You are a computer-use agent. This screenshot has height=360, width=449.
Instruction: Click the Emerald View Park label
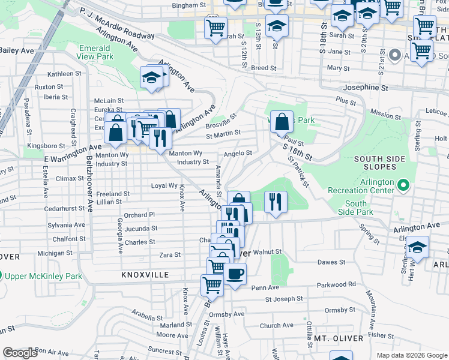pyautogui.click(x=94, y=52)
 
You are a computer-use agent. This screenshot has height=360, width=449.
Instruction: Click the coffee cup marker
pyautogui.click(x=235, y=274)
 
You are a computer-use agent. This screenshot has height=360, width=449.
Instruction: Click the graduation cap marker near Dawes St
pyautogui.click(x=417, y=247)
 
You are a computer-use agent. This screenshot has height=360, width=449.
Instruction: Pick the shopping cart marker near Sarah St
pyautogui.click(x=215, y=26)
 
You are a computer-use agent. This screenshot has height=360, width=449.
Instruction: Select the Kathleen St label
pyautogui.click(x=64, y=74)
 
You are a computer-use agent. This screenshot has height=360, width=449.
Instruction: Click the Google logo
pyautogui.click(x=20, y=353)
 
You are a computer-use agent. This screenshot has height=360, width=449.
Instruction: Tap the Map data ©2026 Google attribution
pyautogui.click(x=411, y=355)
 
